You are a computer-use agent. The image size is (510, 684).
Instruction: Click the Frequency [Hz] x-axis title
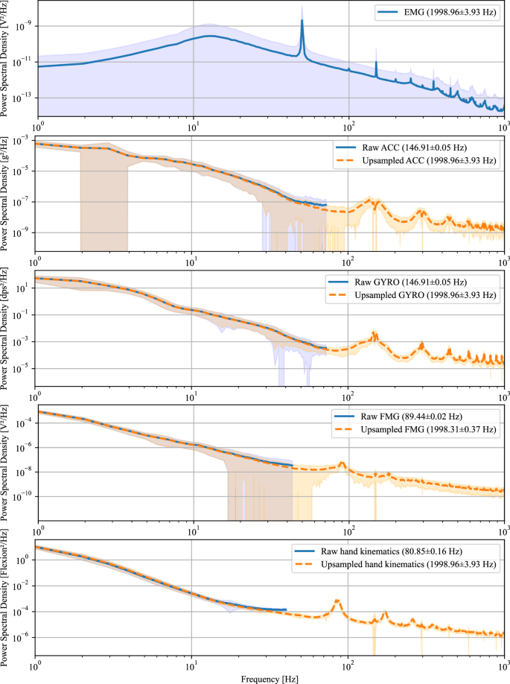270,678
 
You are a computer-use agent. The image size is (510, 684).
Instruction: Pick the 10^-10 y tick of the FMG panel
19,496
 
